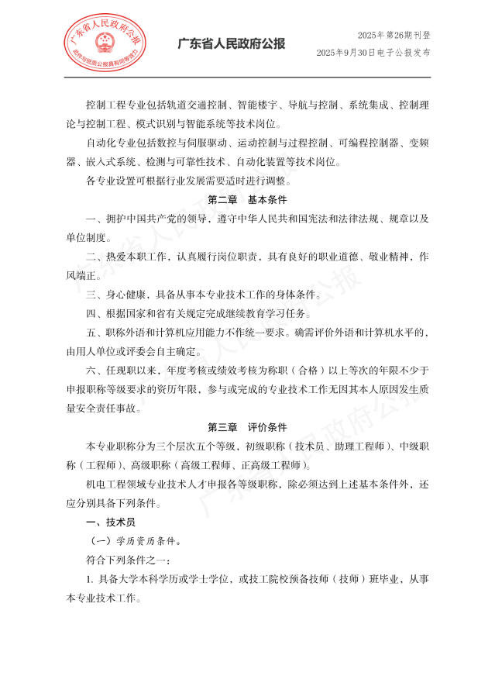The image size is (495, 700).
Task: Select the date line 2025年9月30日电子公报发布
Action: tap(373, 52)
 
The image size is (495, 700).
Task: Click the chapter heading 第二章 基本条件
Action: tap(247, 201)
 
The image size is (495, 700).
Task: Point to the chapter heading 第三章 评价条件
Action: tap(247, 427)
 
